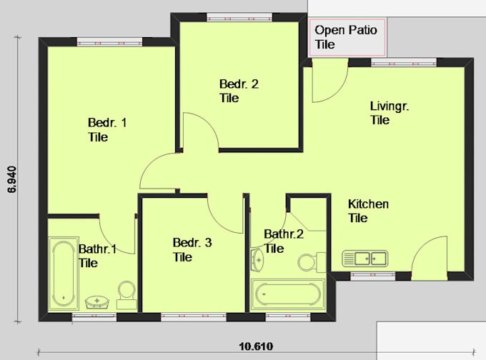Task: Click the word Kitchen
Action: (368, 204)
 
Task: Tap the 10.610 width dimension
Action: (255, 347)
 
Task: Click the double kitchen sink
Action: (364, 257)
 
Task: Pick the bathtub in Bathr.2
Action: (288, 294)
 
